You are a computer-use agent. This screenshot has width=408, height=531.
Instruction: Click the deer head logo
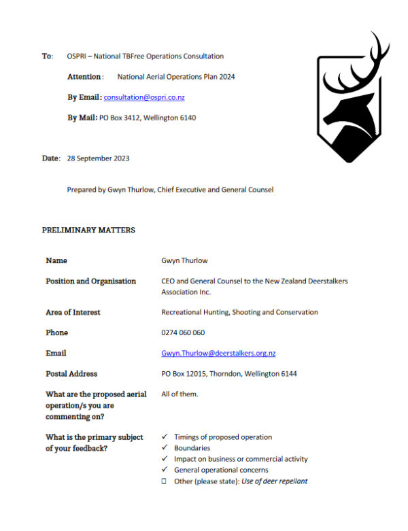[x=353, y=102]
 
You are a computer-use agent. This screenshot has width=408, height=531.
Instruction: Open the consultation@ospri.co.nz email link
[x=144, y=97]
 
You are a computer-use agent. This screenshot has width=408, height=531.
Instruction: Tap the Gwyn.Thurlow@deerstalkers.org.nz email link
[x=218, y=354]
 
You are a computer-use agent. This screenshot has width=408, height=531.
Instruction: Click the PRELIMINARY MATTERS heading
[x=88, y=230]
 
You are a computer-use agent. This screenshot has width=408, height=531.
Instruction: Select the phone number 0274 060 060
[x=183, y=333]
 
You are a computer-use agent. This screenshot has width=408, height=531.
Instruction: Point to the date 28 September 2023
[x=98, y=158]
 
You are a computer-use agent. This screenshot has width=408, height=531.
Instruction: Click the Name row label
[x=56, y=260]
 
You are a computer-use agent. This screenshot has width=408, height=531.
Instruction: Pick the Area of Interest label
[x=73, y=313]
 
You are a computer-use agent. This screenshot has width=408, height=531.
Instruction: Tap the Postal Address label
[x=71, y=374]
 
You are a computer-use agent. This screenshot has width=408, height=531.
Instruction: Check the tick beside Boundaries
[x=165, y=448]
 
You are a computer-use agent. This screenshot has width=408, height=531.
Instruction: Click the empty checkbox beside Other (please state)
[x=165, y=481]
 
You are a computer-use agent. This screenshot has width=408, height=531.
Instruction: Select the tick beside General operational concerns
[x=165, y=470]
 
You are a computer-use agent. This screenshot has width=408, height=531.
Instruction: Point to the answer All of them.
[x=180, y=394]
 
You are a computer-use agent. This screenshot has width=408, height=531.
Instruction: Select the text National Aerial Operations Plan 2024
[x=176, y=77]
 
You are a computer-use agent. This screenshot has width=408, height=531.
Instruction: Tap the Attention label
[x=85, y=77]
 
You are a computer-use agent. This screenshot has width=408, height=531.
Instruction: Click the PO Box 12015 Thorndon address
[x=228, y=374]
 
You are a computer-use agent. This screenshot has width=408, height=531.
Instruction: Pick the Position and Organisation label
[x=90, y=281]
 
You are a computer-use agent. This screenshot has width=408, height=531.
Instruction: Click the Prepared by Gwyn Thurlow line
[x=170, y=190]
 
